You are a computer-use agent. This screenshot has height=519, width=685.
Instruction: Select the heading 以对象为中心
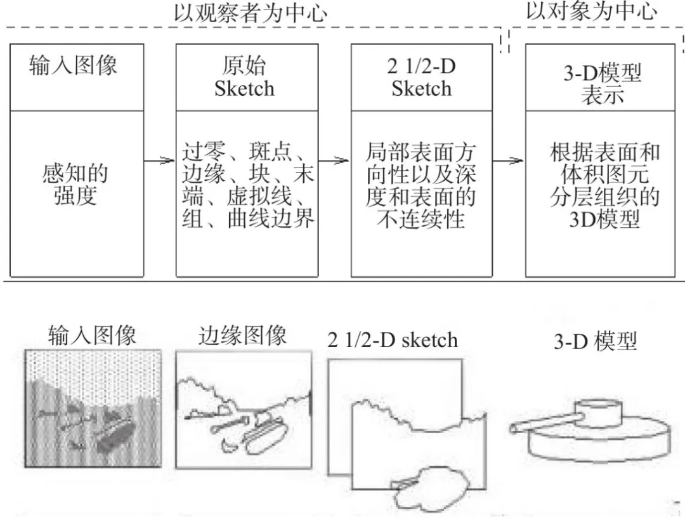click(x=592, y=11)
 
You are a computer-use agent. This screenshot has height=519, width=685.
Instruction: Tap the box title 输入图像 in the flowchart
click(x=74, y=66)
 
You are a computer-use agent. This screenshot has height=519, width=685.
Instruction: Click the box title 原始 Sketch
click(x=244, y=77)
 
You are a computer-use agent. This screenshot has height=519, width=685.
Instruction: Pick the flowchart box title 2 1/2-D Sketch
click(x=422, y=77)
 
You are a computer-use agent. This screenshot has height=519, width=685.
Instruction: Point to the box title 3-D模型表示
click(x=602, y=84)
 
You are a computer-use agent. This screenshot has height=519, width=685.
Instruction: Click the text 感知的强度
click(x=75, y=185)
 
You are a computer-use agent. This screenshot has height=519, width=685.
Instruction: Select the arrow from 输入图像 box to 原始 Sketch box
click(x=159, y=161)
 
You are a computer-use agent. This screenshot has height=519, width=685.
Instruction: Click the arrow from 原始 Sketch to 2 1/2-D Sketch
click(x=334, y=161)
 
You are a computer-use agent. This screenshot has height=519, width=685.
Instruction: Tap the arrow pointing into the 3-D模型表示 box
click(x=509, y=161)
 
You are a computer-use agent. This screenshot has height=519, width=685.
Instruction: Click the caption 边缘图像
click(x=242, y=336)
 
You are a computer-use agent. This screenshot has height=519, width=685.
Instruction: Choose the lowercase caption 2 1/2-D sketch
click(x=393, y=340)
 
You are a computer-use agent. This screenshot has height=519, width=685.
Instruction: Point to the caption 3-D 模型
click(x=596, y=341)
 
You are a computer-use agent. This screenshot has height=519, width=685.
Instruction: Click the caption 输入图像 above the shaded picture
click(x=92, y=336)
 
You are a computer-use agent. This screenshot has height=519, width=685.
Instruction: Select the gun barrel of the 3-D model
click(x=544, y=422)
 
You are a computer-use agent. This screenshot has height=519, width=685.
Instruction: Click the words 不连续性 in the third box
click(x=421, y=219)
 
